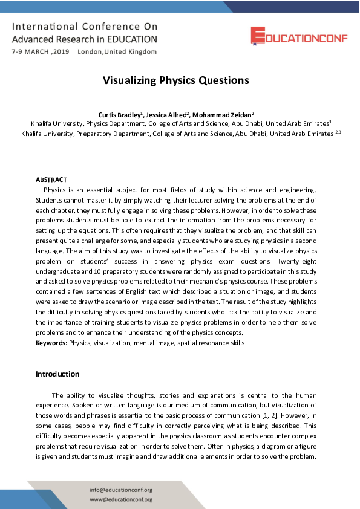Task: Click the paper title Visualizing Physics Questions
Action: (x=175, y=80)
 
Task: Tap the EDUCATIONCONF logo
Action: (x=292, y=36)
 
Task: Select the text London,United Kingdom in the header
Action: (x=117, y=52)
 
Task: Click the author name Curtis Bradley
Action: (x=119, y=114)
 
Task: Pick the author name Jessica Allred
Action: (x=167, y=114)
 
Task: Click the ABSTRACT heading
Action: (x=51, y=180)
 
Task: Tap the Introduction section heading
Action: (x=57, y=374)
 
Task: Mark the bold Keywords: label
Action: (x=51, y=343)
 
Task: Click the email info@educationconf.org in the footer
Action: (x=120, y=490)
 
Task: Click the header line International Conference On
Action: (x=84, y=27)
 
